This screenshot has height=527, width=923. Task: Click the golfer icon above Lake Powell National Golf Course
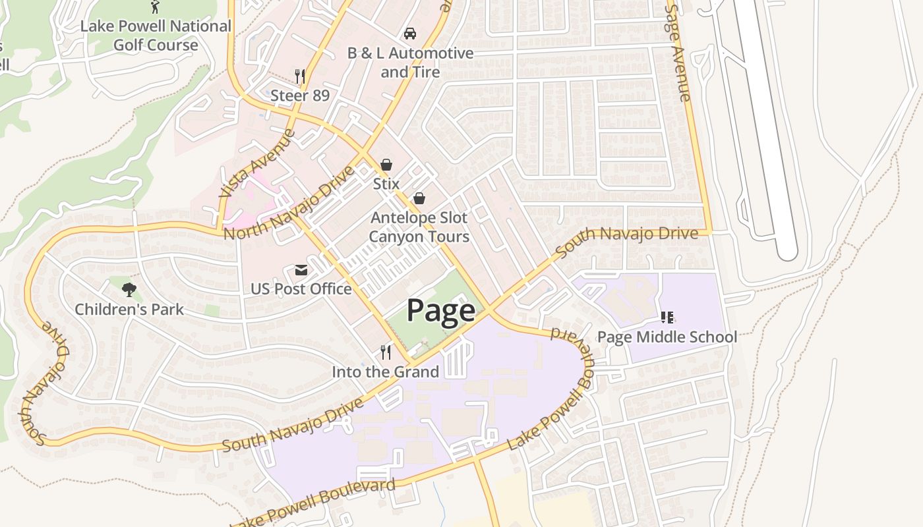pyautogui.click(x=155, y=7)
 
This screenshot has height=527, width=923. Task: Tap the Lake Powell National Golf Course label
pyautogui.click(x=156, y=36)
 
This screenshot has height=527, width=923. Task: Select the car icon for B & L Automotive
pyautogui.click(x=409, y=33)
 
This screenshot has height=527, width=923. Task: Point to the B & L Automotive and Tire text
pyautogui.click(x=410, y=62)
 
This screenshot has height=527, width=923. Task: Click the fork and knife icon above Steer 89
pyautogui.click(x=300, y=76)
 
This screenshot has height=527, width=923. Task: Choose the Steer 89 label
pyautogui.click(x=300, y=96)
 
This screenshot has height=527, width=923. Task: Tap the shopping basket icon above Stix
pyautogui.click(x=386, y=165)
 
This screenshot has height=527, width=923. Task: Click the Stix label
pyautogui.click(x=386, y=184)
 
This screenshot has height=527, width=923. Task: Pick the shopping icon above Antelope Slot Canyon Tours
pyautogui.click(x=419, y=198)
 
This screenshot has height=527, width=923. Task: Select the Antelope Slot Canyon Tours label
pyautogui.click(x=419, y=227)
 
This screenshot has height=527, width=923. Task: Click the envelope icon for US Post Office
pyautogui.click(x=301, y=270)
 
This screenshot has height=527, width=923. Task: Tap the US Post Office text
pyautogui.click(x=301, y=289)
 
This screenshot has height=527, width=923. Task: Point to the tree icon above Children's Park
pyautogui.click(x=129, y=289)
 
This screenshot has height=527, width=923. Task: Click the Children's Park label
pyautogui.click(x=129, y=309)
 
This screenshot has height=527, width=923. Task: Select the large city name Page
pyautogui.click(x=440, y=310)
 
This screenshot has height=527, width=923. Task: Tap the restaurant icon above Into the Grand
pyautogui.click(x=386, y=352)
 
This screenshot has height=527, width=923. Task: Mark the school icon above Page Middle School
pyautogui.click(x=667, y=318)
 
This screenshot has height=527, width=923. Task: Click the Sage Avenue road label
pyautogui.click(x=678, y=53)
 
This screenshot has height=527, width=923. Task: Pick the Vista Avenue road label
pyautogui.click(x=257, y=163)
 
